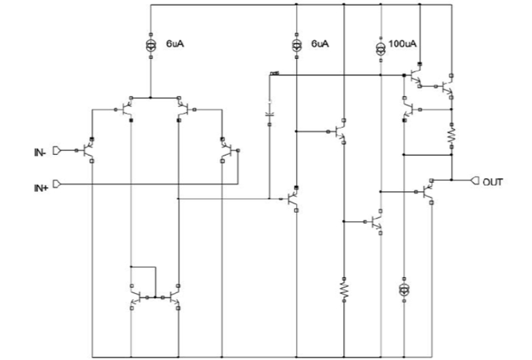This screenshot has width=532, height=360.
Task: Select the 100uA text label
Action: tap(403, 45)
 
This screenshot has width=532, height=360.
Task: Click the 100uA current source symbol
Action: tap(381, 46)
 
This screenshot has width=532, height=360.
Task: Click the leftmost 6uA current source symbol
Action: tap(150, 45)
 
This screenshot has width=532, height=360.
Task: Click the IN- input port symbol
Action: tap(57, 151)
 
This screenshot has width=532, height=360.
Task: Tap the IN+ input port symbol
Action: tap(57, 184)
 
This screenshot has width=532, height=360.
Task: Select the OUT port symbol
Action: tap(475, 181)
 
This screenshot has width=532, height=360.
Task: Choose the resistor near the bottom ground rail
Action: tap(344, 290)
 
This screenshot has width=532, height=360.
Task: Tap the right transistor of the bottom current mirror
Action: tap(173, 298)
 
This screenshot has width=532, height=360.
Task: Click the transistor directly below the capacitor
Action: tap(294, 199)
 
